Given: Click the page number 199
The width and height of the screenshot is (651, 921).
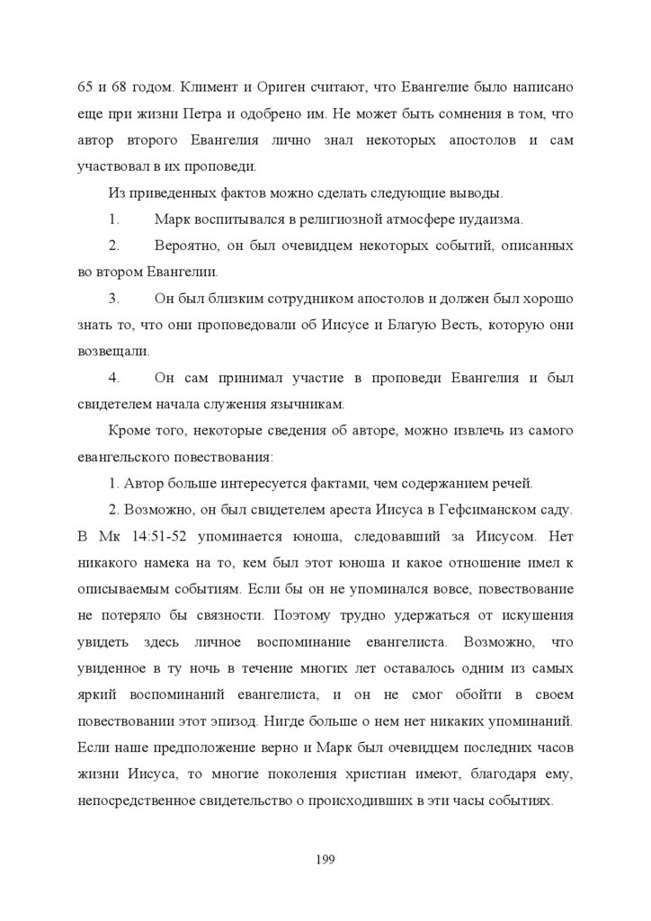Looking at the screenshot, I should tap(325, 860).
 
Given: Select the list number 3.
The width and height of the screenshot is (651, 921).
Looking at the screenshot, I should tap(114, 298).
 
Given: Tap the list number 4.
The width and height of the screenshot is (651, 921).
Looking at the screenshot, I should tap(114, 377).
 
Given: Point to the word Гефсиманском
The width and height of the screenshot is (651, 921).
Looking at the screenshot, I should tap(483, 509).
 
